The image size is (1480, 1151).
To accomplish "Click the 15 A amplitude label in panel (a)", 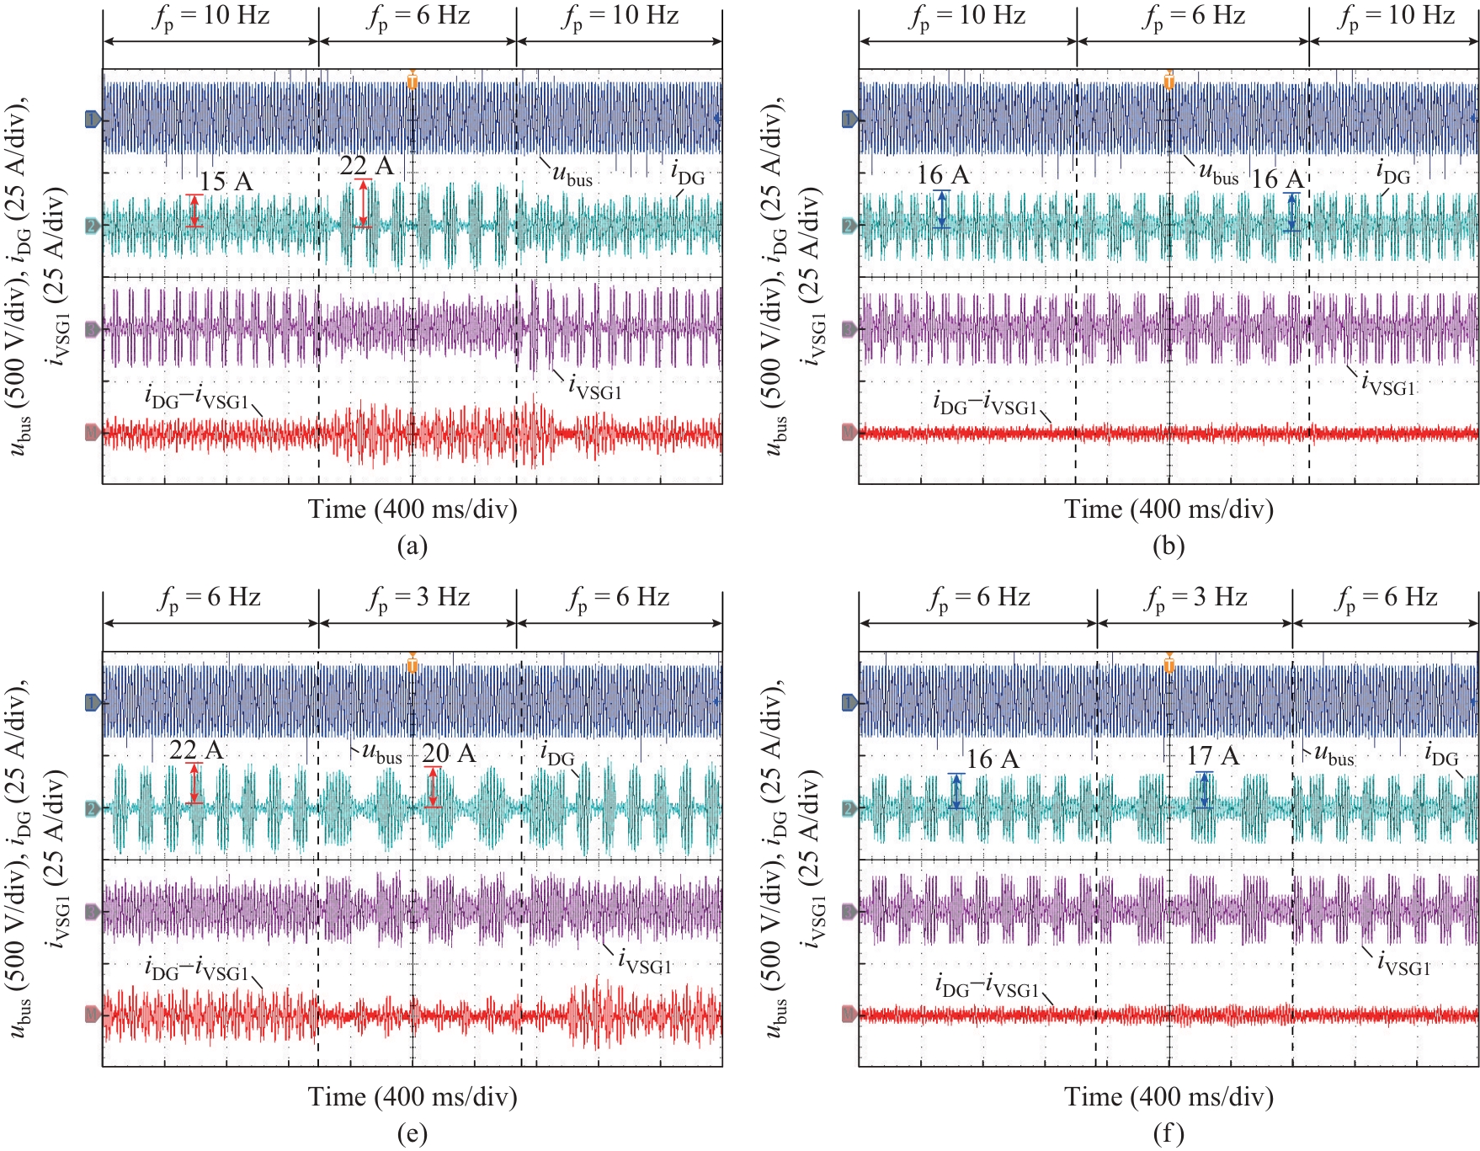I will [226, 181].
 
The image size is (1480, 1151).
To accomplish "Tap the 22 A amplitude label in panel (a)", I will [366, 165].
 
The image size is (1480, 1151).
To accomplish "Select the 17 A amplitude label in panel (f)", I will [1212, 755].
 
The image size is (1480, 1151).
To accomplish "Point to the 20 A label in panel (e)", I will [449, 753].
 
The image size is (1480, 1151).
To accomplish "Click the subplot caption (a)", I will [412, 546].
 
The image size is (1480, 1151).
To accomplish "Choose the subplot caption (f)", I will [1168, 1133].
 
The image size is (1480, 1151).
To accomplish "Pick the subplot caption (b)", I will [1168, 546].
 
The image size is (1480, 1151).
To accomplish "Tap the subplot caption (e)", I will [412, 1133].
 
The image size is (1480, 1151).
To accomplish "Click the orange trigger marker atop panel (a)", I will [412, 81].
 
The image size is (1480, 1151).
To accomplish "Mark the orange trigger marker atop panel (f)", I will [1169, 665].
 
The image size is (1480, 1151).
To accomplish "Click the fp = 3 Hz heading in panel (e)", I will [418, 599].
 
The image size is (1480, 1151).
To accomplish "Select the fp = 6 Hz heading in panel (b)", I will [1193, 17].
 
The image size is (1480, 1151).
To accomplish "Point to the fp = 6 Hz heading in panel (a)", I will [418, 17].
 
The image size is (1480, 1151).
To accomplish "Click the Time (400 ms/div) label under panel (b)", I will [1169, 509].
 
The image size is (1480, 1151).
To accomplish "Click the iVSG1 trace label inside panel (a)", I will [594, 387].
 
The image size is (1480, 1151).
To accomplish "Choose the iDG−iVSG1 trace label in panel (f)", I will [987, 987].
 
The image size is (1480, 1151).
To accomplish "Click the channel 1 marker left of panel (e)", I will [93, 702].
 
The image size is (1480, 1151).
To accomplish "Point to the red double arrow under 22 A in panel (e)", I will [194, 783].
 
